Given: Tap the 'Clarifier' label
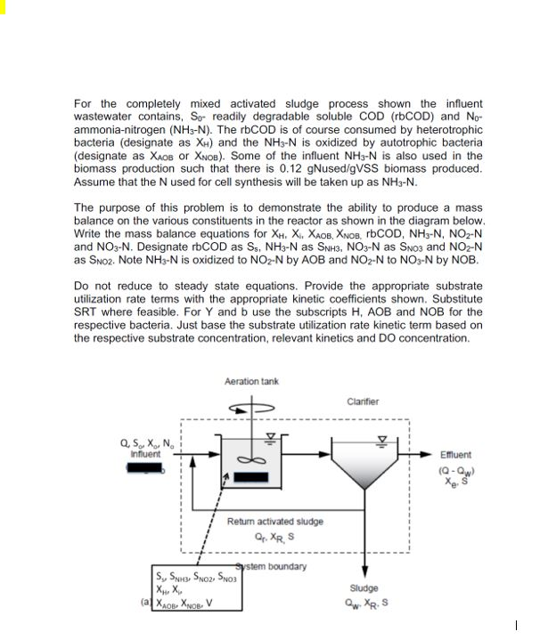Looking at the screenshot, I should (362, 401).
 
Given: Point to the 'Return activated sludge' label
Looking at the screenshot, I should (275, 521).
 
